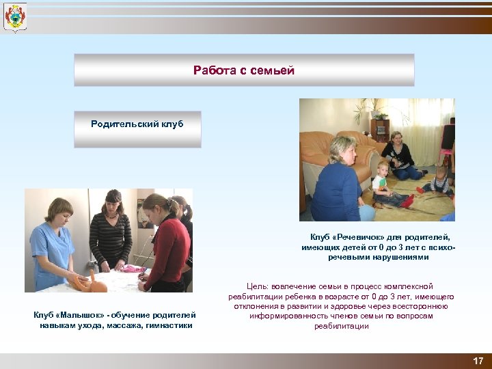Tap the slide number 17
tap(476, 361)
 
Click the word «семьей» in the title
tap(276, 70)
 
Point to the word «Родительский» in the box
tap(125, 124)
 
